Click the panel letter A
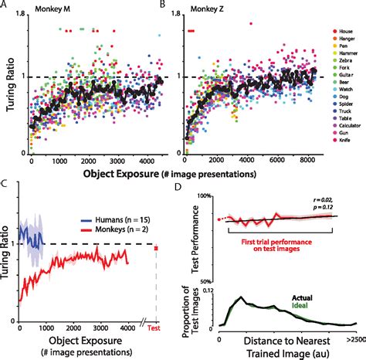click(7, 5)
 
